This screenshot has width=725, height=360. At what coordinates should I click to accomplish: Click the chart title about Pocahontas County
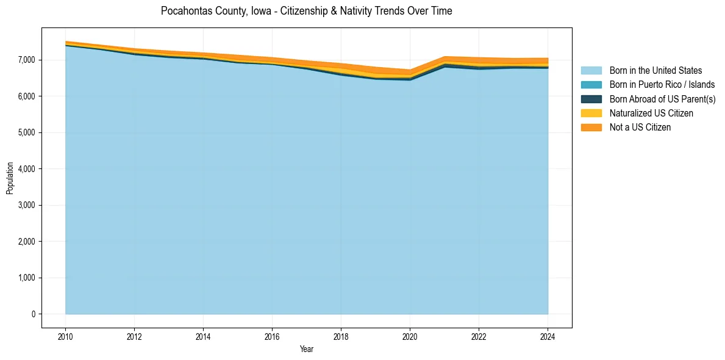coord(307,11)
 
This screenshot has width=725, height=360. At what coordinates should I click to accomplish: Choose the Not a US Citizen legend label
coord(640,128)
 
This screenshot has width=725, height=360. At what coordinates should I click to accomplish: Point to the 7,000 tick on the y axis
coord(28,60)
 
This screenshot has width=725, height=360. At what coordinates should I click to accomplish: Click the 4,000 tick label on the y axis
coord(28,169)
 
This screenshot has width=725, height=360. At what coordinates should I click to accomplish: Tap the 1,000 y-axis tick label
coord(28,278)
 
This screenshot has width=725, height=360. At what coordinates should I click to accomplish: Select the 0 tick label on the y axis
coord(34,314)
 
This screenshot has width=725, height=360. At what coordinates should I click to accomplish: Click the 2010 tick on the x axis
coord(65,336)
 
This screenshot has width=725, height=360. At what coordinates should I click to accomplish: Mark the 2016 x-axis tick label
coord(272,336)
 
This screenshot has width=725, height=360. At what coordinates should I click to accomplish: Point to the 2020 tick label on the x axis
coord(410,336)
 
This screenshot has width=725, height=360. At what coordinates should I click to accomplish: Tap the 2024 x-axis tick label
coord(548,336)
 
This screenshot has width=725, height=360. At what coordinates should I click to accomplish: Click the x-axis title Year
coord(307,349)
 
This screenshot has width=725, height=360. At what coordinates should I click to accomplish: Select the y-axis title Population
coord(10,178)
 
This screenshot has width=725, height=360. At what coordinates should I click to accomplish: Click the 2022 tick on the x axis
coord(479,336)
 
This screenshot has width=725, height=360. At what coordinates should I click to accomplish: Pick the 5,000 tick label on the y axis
coord(28,132)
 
